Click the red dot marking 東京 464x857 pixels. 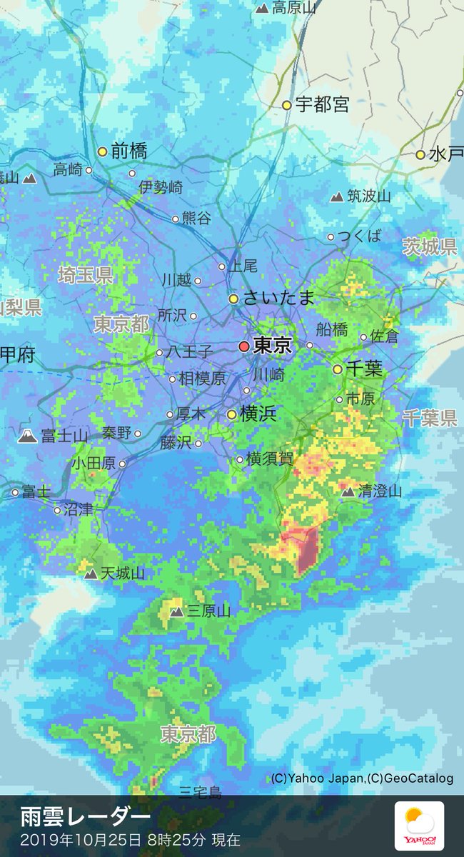click(x=244, y=346)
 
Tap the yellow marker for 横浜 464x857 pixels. click(x=232, y=414)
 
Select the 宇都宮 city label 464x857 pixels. click(x=322, y=105)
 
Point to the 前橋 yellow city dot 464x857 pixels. click(x=102, y=151)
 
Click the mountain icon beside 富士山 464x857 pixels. click(x=28, y=436)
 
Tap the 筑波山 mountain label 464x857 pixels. click(x=368, y=196)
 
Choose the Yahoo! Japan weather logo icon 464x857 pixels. click(x=420, y=826)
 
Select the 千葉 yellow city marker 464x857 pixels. click(x=338, y=369)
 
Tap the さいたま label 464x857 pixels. click(x=278, y=299)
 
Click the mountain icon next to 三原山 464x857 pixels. click(x=176, y=611)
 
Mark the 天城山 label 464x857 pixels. click(x=122, y=573)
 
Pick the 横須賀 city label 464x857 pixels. click(x=270, y=459)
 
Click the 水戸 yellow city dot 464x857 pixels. click(x=420, y=154)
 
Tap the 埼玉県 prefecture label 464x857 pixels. click(x=86, y=274)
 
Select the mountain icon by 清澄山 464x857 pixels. click(x=348, y=491)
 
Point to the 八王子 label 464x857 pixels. click(x=189, y=352)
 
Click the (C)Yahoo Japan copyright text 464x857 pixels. click(x=318, y=778)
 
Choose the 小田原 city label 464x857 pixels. click(x=93, y=463)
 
